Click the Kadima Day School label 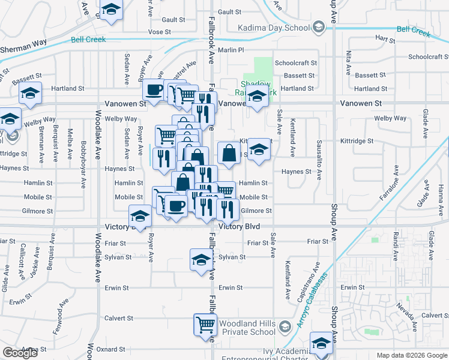(x=273, y=28)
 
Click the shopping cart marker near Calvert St (x=205, y=324)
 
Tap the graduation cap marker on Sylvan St (x=201, y=260)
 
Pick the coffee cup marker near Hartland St (x=154, y=90)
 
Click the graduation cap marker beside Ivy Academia (x=321, y=343)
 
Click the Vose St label (x=159, y=32)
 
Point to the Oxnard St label (x=111, y=349)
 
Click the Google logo (x=20, y=353)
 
